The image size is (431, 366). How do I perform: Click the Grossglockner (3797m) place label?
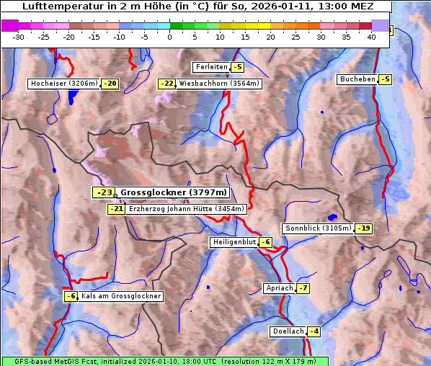click(174, 192)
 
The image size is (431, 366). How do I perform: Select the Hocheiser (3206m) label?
click(63, 84)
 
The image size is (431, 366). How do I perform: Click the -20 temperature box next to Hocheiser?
click(110, 84)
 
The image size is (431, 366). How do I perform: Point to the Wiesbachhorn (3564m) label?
click(219, 84)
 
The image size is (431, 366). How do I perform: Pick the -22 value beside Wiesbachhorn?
click(166, 84)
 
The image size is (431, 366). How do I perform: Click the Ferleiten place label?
click(211, 67)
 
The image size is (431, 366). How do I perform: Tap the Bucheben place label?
click(357, 79)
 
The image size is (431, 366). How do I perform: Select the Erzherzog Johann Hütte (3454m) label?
click(187, 209)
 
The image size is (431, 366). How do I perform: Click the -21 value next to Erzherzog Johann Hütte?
click(115, 209)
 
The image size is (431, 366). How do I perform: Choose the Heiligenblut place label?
click(234, 242)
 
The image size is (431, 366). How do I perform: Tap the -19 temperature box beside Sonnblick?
click(364, 228)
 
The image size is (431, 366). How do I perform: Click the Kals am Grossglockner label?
click(120, 296)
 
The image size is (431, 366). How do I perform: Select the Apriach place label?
click(279, 288)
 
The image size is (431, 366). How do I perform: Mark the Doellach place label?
click(288, 331)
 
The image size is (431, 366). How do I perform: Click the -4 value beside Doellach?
click(314, 331)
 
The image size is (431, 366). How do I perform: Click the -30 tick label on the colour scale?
click(19, 36)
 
